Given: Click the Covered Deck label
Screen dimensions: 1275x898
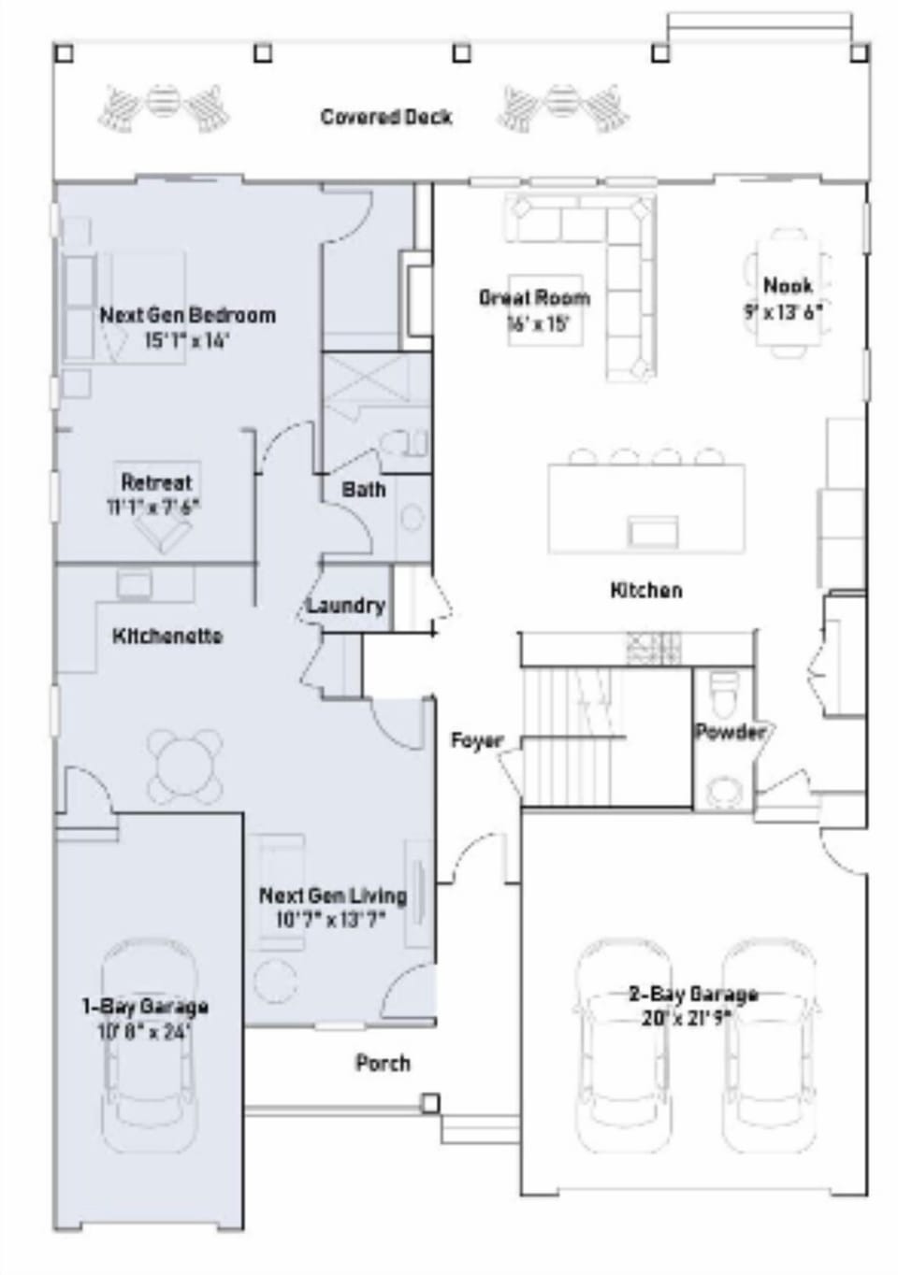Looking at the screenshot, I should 385,117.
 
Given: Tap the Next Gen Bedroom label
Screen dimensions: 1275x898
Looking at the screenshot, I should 187,315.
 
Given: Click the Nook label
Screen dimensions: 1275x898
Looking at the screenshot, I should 788,285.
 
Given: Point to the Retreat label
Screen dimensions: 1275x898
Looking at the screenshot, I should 156,482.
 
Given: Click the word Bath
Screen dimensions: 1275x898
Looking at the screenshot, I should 363,489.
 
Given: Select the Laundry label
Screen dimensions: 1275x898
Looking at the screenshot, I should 345,605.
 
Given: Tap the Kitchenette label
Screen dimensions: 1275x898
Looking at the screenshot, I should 167,636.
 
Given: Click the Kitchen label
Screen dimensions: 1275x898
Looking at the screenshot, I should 645,590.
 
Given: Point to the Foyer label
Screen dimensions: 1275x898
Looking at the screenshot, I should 476,740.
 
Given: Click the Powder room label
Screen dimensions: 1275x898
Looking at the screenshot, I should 730,732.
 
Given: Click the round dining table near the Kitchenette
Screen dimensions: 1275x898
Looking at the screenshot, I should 185,766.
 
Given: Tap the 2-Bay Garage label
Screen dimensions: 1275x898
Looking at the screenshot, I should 692,994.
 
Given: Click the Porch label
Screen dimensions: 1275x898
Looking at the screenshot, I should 383,1063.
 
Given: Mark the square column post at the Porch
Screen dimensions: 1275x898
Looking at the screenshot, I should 429,1104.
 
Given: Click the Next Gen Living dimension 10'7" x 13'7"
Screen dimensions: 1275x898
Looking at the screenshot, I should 331,920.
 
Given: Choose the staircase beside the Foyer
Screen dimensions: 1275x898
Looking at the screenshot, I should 571,738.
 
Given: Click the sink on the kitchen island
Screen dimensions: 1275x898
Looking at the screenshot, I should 653,530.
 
